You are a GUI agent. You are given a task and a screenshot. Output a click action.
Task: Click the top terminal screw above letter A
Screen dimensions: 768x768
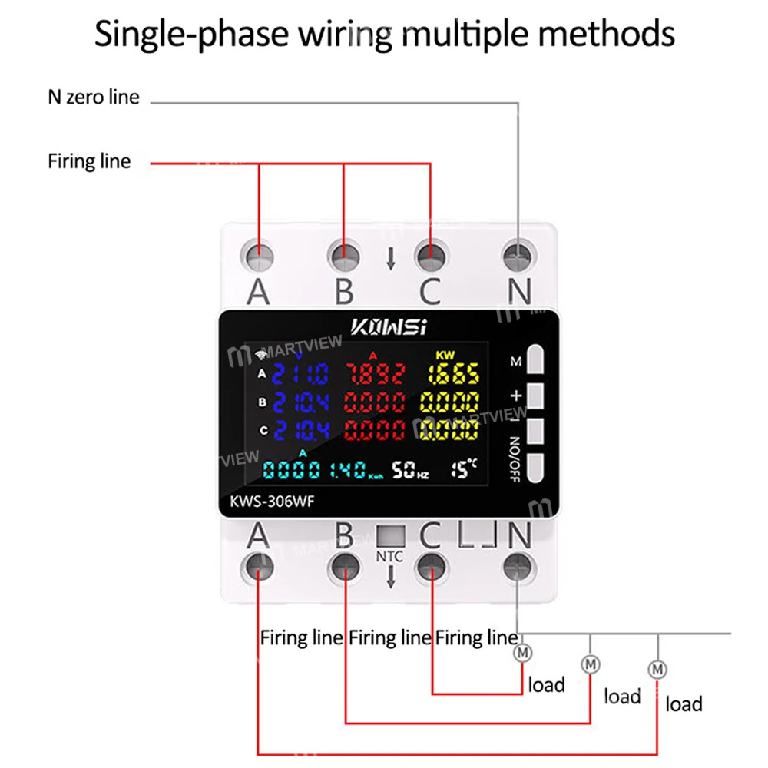[x=260, y=254]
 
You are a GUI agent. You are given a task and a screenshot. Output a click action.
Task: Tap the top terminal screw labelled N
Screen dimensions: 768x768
[x=520, y=254]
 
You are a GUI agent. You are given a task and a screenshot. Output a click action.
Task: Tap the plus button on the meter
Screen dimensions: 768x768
[x=535, y=396]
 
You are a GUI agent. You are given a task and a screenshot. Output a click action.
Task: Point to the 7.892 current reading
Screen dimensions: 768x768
[x=373, y=374]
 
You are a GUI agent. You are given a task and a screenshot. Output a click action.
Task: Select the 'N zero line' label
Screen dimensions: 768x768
[x=94, y=98]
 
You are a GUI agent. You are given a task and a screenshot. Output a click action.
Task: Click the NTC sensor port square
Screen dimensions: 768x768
[x=390, y=535]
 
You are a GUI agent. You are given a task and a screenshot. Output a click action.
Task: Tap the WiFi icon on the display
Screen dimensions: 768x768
[x=263, y=355]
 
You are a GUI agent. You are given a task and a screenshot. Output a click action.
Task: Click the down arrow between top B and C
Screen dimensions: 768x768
[x=390, y=259]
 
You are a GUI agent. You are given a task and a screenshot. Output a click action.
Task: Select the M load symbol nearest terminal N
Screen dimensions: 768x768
[x=523, y=652]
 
